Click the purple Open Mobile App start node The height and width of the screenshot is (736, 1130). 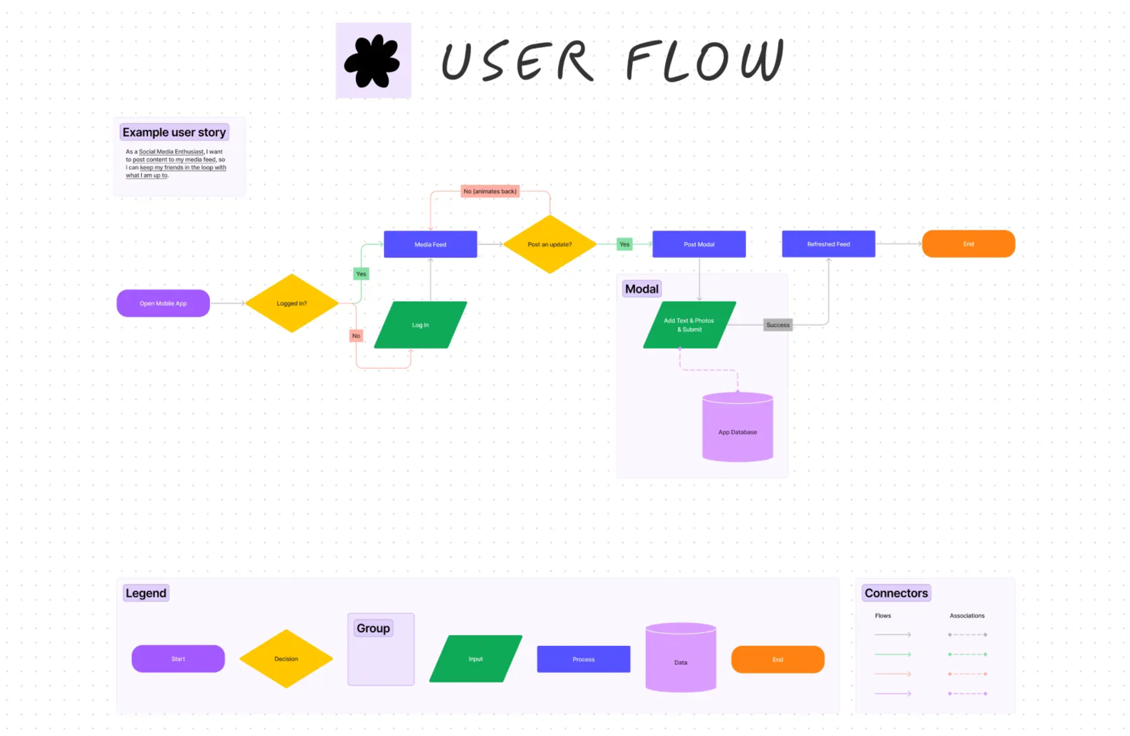point(163,303)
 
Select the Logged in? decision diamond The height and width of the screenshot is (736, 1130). point(292,303)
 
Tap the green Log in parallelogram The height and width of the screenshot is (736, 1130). point(420,325)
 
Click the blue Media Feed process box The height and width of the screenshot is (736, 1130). point(430,244)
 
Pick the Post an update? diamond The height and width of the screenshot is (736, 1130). point(550,244)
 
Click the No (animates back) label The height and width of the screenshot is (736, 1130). point(490,192)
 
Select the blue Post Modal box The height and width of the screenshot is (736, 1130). point(699,244)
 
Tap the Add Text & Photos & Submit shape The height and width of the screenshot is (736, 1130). point(689,325)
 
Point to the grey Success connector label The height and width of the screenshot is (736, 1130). point(778,325)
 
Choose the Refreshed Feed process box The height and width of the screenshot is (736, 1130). point(828,244)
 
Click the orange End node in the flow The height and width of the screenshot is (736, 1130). point(968,244)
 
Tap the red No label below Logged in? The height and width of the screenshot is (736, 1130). point(356,336)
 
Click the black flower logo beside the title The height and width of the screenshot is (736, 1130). point(373,61)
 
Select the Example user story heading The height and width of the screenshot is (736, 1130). point(174,132)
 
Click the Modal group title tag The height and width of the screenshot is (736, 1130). point(641,289)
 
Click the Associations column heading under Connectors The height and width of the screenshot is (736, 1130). point(967,615)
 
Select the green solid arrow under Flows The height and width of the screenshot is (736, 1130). point(893,654)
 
